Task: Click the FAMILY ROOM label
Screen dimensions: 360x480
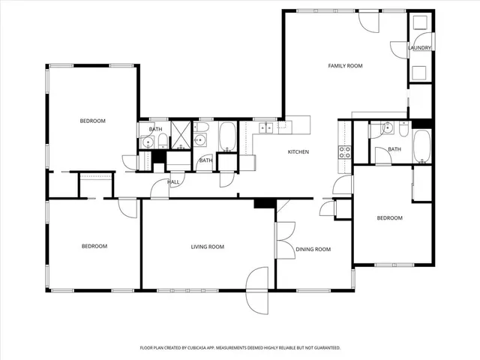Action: tap(345, 66)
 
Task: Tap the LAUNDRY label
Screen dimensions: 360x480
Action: tap(419, 48)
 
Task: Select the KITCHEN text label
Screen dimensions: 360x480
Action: tap(298, 152)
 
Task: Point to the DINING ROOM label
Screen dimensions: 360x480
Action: tap(313, 249)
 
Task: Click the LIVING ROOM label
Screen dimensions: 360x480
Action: tap(207, 247)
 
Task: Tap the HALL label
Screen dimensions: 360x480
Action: tap(173, 181)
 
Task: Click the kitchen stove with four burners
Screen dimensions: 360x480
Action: tap(345, 154)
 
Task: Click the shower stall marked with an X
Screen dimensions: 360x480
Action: tap(181, 134)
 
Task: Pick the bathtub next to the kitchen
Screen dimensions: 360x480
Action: tap(227, 136)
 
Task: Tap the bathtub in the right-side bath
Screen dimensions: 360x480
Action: tap(421, 146)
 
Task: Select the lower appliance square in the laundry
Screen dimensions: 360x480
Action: tap(419, 72)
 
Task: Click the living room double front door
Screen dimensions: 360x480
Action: tap(257, 289)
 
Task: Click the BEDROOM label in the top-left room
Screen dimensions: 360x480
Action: tap(93, 121)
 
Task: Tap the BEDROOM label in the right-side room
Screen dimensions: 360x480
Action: tap(389, 218)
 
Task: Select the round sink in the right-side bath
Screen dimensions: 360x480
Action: tap(388, 128)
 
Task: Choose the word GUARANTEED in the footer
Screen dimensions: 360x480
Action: tap(325, 348)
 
